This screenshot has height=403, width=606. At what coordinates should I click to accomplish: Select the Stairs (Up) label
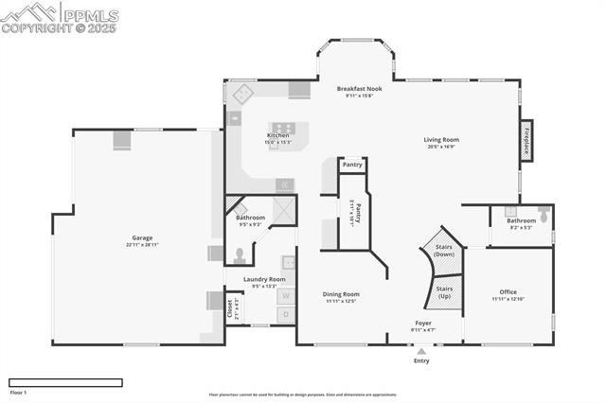pyautogui.click(x=444, y=292)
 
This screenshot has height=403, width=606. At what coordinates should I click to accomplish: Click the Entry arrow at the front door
pyautogui.click(x=421, y=351)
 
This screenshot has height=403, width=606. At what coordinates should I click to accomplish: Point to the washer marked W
pyautogui.click(x=285, y=295)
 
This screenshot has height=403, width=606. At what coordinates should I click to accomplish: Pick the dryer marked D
pyautogui.click(x=285, y=314)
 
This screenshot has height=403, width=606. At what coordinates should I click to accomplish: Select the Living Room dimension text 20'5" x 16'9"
pyautogui.click(x=441, y=147)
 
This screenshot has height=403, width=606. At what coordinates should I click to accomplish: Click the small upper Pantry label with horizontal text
pyautogui.click(x=352, y=165)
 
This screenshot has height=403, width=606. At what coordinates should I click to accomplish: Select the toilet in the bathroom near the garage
pyautogui.click(x=241, y=254)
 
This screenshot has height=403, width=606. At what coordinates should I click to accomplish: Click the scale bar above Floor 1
pyautogui.click(x=65, y=382)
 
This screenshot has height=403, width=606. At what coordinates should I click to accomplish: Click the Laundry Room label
pyautogui.click(x=264, y=279)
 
